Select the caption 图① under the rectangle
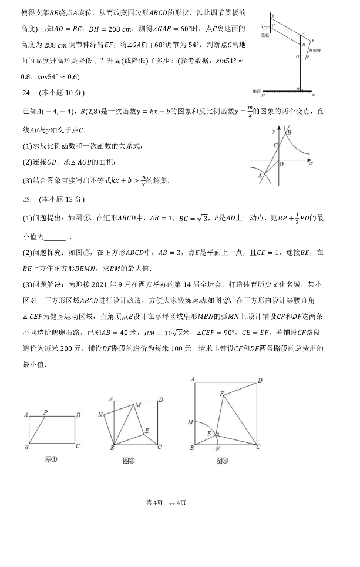pyautogui.click(x=52, y=459)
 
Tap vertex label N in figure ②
pyautogui.click(x=101, y=415)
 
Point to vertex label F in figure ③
pyautogui.click(x=221, y=393)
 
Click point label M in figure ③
pyautogui.click(x=190, y=422)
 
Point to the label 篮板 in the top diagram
pyautogui.click(x=266, y=35)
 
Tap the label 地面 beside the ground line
pyautogui.click(x=255, y=91)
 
